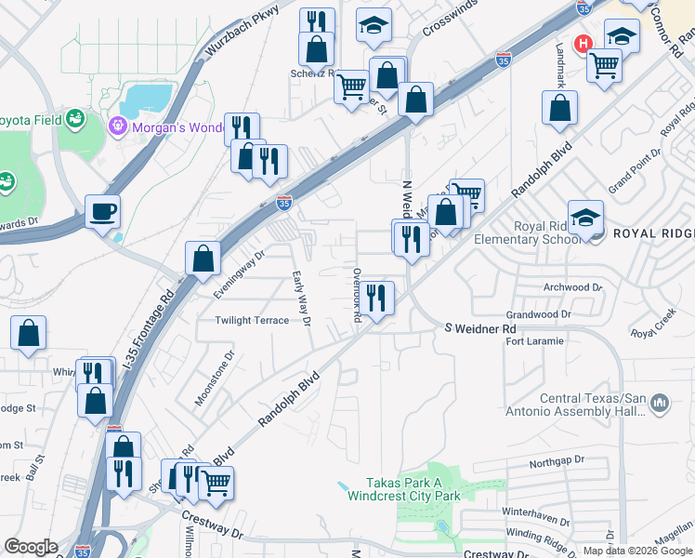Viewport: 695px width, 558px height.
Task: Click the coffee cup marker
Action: (102, 211)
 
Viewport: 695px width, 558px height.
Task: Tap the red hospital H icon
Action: (584, 43)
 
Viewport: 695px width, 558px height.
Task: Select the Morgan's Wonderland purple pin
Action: (119, 125)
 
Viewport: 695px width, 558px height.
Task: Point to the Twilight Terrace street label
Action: (252, 320)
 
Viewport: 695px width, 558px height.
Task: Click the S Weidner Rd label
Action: (479, 328)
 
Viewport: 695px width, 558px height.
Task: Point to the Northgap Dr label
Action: (557, 459)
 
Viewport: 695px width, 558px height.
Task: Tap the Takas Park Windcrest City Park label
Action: (404, 489)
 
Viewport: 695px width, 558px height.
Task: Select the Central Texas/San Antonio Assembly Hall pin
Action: (661, 404)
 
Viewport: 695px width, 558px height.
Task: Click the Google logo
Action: (31, 547)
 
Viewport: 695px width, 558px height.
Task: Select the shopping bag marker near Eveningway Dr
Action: (203, 258)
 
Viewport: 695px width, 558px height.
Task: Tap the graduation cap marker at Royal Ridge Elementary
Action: (585, 218)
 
